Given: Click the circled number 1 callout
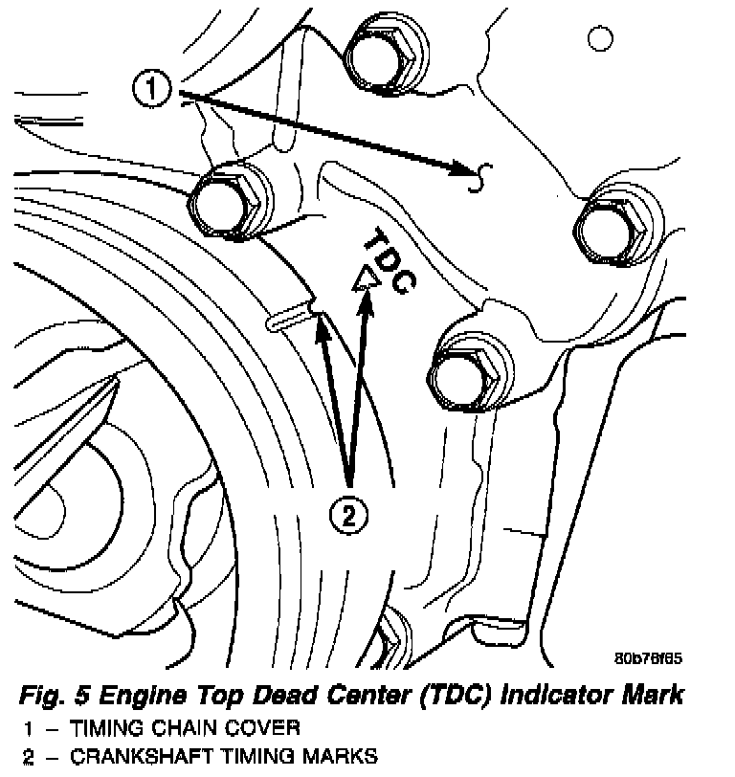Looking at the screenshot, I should coord(151,92).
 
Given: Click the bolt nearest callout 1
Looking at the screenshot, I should coord(229,205).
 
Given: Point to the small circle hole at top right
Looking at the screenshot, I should coord(600,38).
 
